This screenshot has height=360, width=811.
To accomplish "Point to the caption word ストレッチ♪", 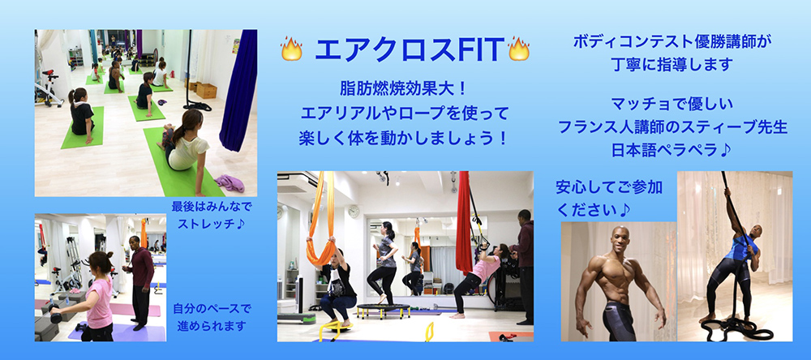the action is point(211,225).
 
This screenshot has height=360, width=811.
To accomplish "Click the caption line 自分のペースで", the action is point(212,310).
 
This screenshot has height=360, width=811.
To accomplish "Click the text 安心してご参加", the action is point(609,187).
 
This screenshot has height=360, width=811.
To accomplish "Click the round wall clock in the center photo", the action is point(354,211).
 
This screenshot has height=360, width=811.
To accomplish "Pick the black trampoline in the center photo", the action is point(384,311).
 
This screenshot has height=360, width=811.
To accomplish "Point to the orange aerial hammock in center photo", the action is point(323,220).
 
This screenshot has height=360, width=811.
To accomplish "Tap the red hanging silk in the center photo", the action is point(463,222).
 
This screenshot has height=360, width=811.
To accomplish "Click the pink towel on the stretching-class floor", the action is point(230,182).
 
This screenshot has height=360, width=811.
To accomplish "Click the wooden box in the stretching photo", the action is point(206,90).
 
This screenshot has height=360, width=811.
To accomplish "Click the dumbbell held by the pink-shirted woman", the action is point(55,316).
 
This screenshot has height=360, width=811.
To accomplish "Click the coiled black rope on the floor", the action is point(736,328).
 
